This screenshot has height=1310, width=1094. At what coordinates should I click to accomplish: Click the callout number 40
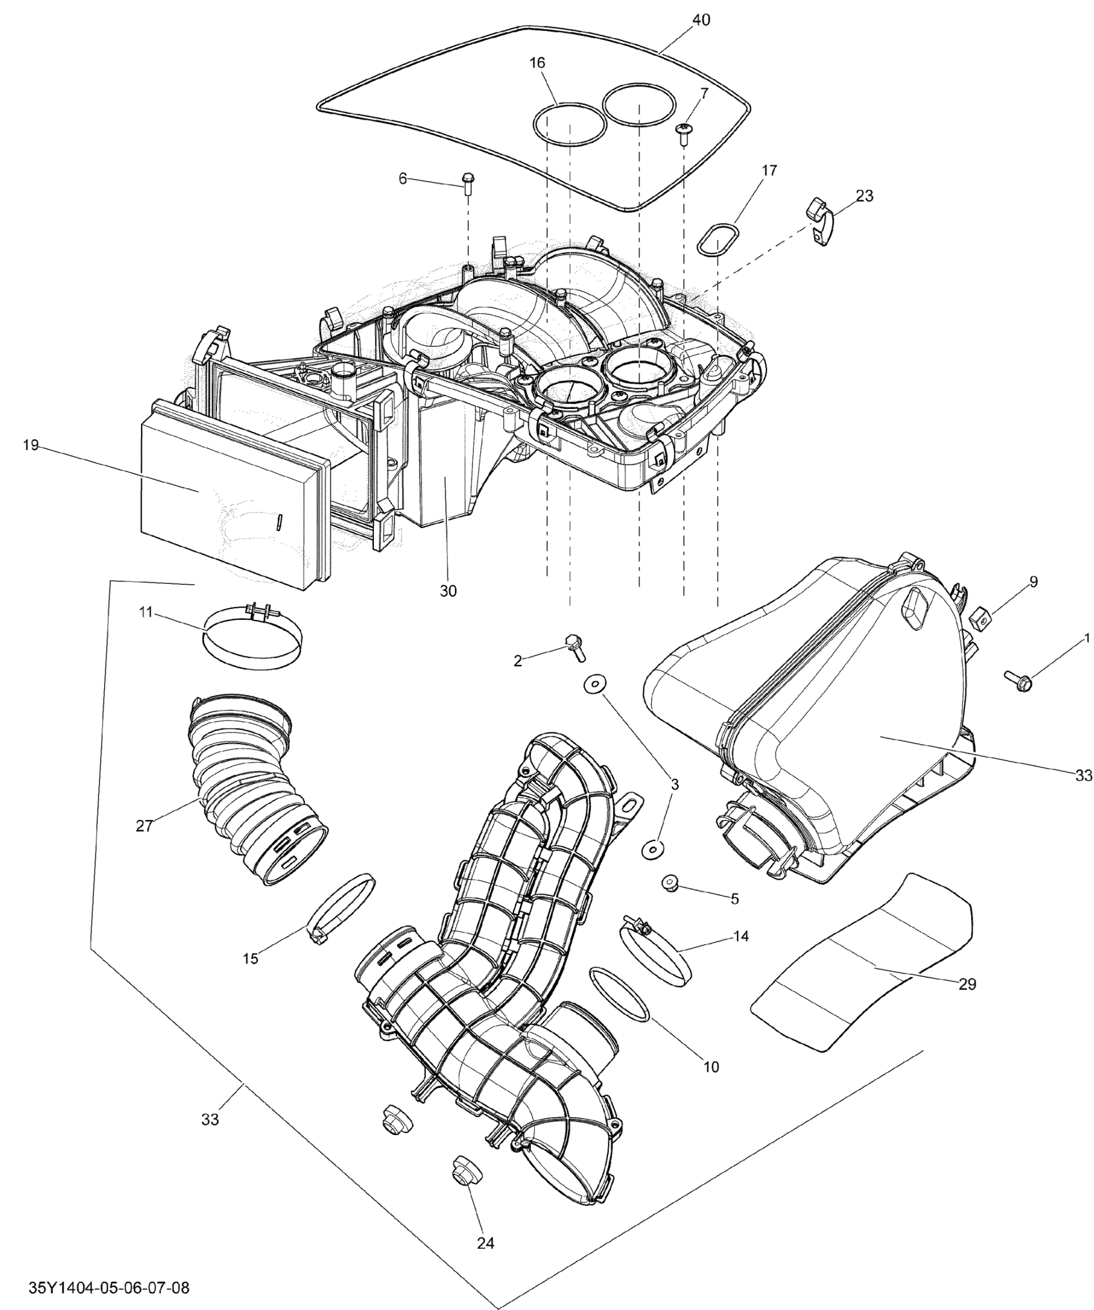point(701,21)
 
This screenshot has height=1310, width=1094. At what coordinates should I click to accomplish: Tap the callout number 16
point(537,63)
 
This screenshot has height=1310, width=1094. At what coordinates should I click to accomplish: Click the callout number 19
point(31,445)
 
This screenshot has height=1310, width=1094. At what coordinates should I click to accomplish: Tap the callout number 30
point(448,591)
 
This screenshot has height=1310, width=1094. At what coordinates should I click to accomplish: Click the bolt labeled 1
point(1017,680)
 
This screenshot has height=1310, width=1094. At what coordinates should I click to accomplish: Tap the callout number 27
point(144,826)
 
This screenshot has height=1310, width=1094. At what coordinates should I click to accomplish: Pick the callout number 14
point(741,936)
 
